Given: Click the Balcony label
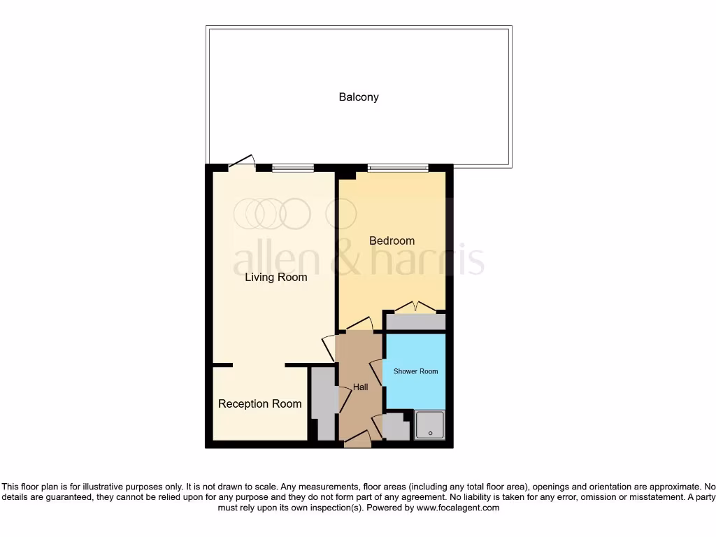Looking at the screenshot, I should coord(359,97).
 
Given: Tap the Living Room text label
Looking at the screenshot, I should coord(275,278).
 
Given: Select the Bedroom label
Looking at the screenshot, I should coord(392,241).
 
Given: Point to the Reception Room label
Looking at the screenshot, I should coord(259,404).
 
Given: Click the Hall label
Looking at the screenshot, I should coord(360,387).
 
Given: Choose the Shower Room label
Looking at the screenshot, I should coord(415,371).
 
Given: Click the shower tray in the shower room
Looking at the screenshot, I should coord(430,425).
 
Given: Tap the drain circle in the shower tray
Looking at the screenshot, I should coord(430,433).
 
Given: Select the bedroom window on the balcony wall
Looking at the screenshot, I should coord(398,168).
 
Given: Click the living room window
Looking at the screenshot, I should coord(293,168).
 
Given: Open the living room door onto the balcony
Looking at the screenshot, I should coord(242,162).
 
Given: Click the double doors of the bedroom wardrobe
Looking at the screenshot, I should coord(416,307).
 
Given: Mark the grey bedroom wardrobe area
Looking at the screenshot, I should coord(416,322).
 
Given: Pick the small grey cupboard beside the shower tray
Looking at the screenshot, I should coord(396,428).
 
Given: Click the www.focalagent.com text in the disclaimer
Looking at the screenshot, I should coord(457,508).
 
